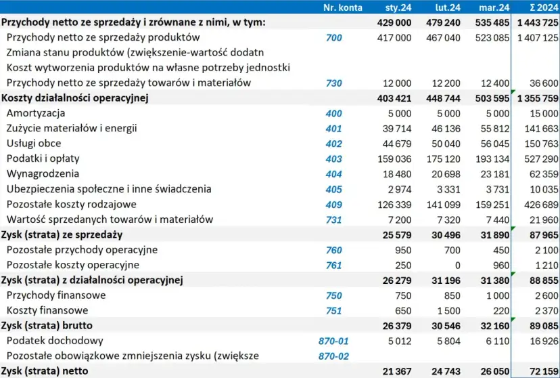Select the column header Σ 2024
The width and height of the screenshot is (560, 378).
(543, 7)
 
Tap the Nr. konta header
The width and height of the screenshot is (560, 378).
(343, 7)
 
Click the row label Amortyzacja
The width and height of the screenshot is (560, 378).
(35, 113)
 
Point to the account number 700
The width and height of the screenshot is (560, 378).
(333, 37)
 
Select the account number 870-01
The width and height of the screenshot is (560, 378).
(333, 341)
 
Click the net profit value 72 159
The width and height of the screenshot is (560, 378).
(543, 371)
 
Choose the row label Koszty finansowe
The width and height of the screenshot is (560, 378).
(43, 310)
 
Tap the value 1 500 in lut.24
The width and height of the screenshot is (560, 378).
(447, 310)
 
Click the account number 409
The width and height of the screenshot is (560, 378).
(333, 204)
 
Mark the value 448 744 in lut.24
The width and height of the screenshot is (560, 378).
(443, 98)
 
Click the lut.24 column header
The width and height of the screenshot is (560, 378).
(448, 7)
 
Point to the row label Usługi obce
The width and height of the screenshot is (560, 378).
(33, 144)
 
